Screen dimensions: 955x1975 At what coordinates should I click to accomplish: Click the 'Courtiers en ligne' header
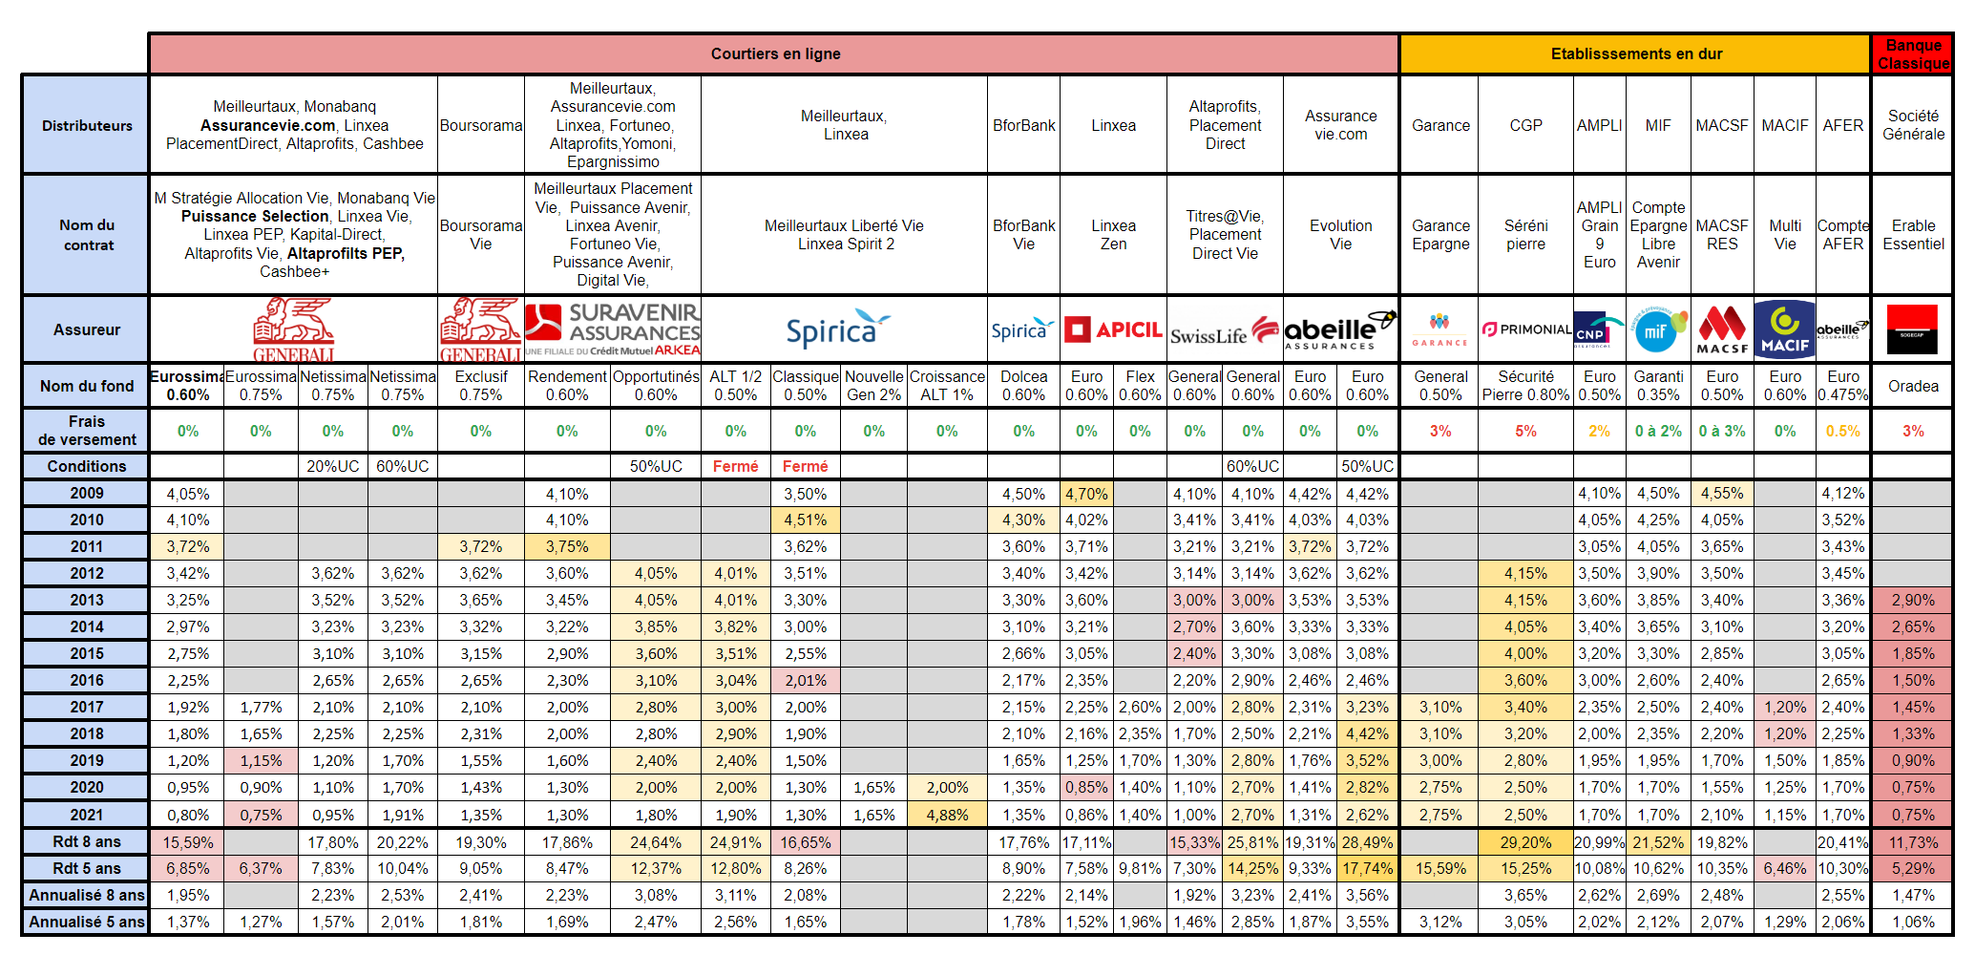tap(774, 54)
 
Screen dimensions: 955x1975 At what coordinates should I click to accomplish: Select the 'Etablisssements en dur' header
tap(1635, 54)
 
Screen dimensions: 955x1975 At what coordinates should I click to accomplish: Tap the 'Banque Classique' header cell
tap(1913, 54)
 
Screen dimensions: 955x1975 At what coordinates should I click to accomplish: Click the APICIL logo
tap(1113, 329)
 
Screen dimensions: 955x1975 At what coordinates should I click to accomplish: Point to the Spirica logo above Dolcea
tap(1022, 329)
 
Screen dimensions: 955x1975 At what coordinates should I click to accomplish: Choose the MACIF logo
tap(1784, 329)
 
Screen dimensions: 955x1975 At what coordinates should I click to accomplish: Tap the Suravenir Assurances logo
tap(613, 329)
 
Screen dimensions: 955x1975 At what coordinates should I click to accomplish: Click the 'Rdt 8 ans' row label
tap(86, 841)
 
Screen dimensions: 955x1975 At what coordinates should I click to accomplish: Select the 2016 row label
tap(86, 680)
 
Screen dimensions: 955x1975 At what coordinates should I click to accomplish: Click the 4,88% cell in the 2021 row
tap(947, 815)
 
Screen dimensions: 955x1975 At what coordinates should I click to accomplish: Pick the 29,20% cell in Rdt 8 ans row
tap(1525, 841)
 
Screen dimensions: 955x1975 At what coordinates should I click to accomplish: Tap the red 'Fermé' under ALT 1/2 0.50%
tap(735, 466)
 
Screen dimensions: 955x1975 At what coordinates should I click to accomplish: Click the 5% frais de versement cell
tap(1525, 431)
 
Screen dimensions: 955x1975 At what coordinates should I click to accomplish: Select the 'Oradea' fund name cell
tap(1913, 386)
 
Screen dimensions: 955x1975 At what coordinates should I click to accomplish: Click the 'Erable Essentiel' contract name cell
tap(1913, 235)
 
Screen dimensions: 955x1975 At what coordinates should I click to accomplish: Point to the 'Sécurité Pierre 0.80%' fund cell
tap(1525, 386)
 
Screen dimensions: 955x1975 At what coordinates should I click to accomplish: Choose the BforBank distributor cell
tap(1023, 125)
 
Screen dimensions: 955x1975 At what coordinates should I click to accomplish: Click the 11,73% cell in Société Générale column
tap(1913, 841)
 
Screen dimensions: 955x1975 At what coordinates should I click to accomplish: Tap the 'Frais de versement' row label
tap(86, 431)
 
